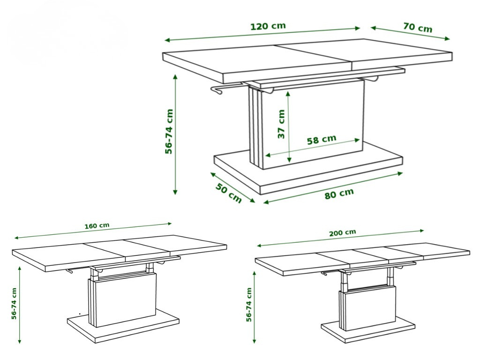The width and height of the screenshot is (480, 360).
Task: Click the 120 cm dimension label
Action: [x=268, y=26]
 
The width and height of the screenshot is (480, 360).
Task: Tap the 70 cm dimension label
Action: [x=418, y=27]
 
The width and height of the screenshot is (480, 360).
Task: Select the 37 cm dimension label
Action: [x=281, y=124]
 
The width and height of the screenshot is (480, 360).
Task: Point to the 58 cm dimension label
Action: [x=322, y=140]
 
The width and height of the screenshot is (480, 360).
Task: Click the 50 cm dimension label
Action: [x=228, y=193]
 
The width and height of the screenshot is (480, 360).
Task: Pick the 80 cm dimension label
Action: [x=339, y=194]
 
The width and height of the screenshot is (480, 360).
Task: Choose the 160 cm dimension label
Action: [x=97, y=226]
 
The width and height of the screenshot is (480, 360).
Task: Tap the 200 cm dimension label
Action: [x=343, y=232]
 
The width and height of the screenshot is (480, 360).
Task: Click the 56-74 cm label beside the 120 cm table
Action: [x=169, y=131]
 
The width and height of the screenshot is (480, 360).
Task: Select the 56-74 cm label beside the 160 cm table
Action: [x=14, y=303]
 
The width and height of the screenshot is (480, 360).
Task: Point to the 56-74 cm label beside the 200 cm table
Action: [x=249, y=305]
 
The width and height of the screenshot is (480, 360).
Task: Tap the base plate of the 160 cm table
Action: [x=123, y=325]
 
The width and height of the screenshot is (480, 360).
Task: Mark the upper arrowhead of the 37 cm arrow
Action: [x=288, y=94]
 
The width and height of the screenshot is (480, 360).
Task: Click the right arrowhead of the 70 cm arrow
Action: [x=447, y=38]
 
